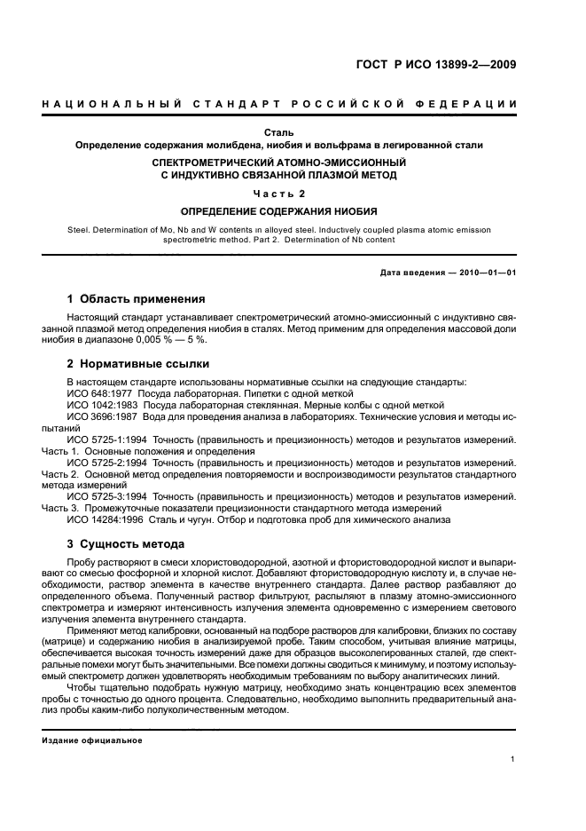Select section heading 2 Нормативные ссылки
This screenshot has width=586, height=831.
point(138,364)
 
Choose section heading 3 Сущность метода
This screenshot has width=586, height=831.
point(126,543)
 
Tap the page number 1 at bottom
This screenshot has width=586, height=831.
point(513,758)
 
